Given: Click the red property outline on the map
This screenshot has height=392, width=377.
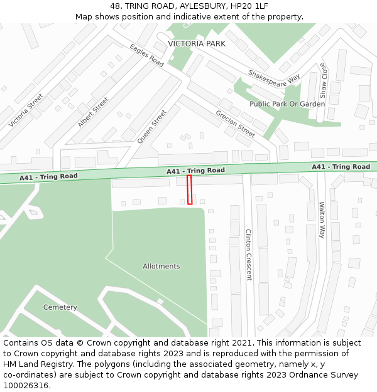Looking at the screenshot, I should coord(190,189).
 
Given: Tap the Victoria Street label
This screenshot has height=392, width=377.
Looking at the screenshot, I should coord(26,110).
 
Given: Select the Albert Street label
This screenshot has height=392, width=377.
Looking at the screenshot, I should coord(93,112).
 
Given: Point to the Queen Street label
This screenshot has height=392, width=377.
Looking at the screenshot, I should coord(152,127).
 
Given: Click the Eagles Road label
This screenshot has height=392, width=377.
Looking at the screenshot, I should coord(147,55).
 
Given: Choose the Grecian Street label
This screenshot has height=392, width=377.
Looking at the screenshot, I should coord(236,124).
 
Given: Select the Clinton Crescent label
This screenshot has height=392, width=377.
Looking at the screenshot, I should coord(248,254).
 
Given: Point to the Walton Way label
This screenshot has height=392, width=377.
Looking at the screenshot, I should coord(322,220).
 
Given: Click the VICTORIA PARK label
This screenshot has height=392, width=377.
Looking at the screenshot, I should coord(196,44).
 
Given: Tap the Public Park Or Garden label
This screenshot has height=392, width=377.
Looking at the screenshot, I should coord(287,104).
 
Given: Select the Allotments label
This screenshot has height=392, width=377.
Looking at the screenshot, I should coord(161,267).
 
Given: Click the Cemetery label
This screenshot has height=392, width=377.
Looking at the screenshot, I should coord(60,307).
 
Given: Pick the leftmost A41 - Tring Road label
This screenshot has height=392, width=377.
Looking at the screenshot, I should coord(48,177).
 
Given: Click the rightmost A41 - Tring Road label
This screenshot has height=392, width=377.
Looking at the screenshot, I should coord(341,167).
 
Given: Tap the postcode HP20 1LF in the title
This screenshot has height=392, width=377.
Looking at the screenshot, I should coord(250,6).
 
